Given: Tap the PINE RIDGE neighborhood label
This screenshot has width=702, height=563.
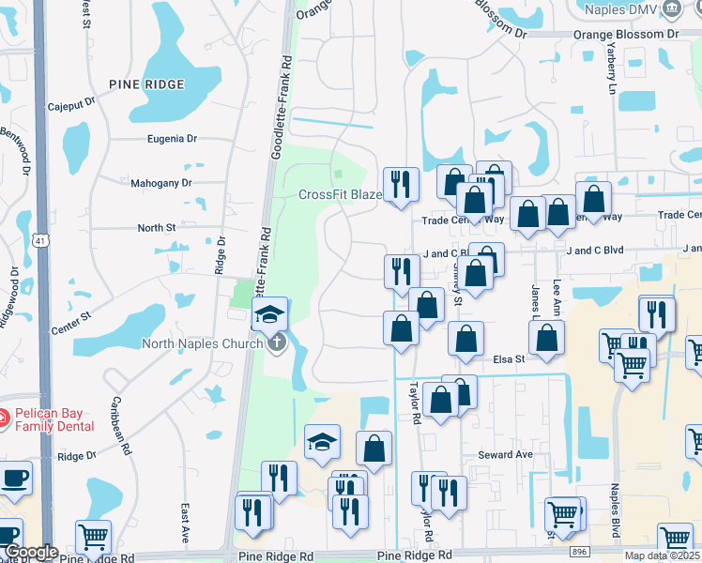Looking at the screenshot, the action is click(x=146, y=84).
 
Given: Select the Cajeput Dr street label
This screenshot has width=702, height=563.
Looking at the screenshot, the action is click(x=72, y=103).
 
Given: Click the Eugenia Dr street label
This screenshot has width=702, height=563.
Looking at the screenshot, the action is click(x=172, y=138).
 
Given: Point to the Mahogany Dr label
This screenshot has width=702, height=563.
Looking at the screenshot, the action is click(x=160, y=183).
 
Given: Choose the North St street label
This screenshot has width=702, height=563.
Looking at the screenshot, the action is click(x=157, y=227).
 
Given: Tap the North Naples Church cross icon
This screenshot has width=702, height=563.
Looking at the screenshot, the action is click(x=276, y=343).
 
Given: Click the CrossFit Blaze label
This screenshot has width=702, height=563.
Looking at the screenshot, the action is click(x=340, y=195).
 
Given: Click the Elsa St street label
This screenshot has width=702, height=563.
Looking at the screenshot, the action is click(x=508, y=358).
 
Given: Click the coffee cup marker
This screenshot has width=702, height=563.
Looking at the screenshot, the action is click(x=14, y=478).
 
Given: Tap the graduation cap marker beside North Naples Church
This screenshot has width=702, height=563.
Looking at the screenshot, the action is click(x=270, y=314).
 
